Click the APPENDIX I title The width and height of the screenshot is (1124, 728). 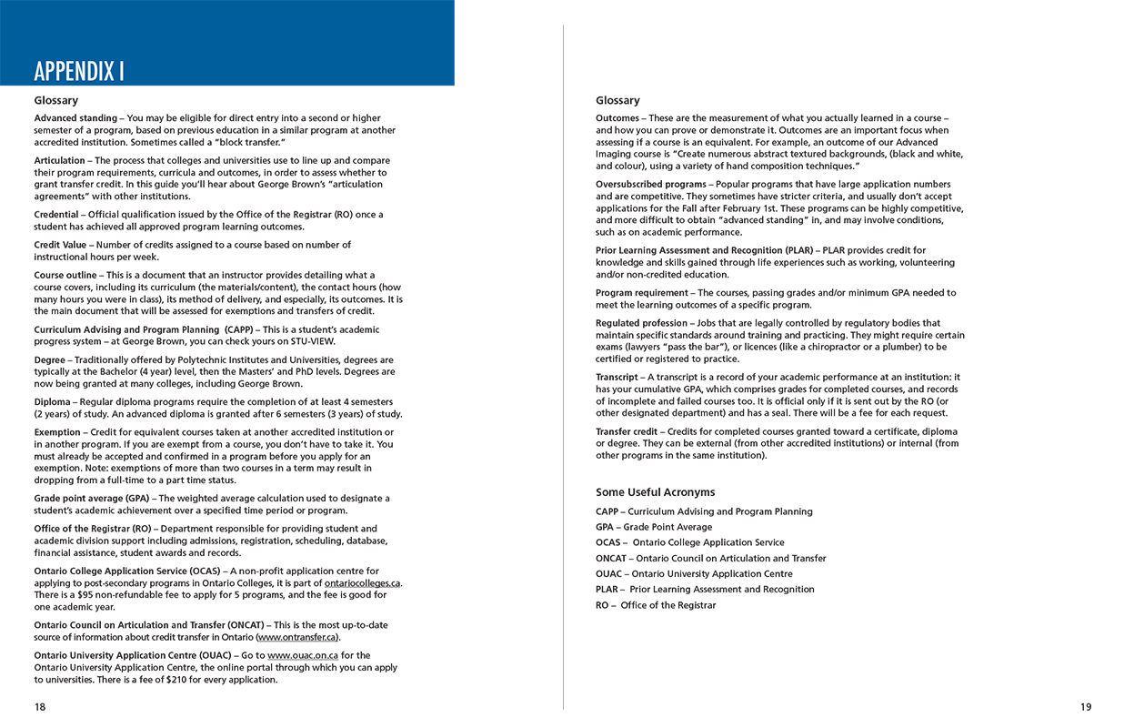tap(79, 71)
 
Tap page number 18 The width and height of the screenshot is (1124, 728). tap(40, 706)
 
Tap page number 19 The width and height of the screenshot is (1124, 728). tap(1086, 706)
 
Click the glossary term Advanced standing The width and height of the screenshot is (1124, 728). tap(75, 118)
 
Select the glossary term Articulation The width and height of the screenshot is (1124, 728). tap(59, 160)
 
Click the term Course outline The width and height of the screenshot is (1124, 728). tap(65, 275)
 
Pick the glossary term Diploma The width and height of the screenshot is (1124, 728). tap(52, 401)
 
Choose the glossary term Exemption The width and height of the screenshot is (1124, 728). tap(57, 432)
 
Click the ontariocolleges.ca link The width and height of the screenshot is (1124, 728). tap(362, 583)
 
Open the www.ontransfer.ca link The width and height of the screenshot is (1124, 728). tap(296, 637)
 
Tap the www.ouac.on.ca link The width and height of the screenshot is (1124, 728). tap(303, 655)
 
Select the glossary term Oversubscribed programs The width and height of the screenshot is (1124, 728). tap(650, 185)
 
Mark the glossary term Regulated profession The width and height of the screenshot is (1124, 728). tap(642, 323)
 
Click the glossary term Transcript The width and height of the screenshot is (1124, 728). tap(617, 377)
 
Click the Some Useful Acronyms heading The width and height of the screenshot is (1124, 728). tap(655, 492)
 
